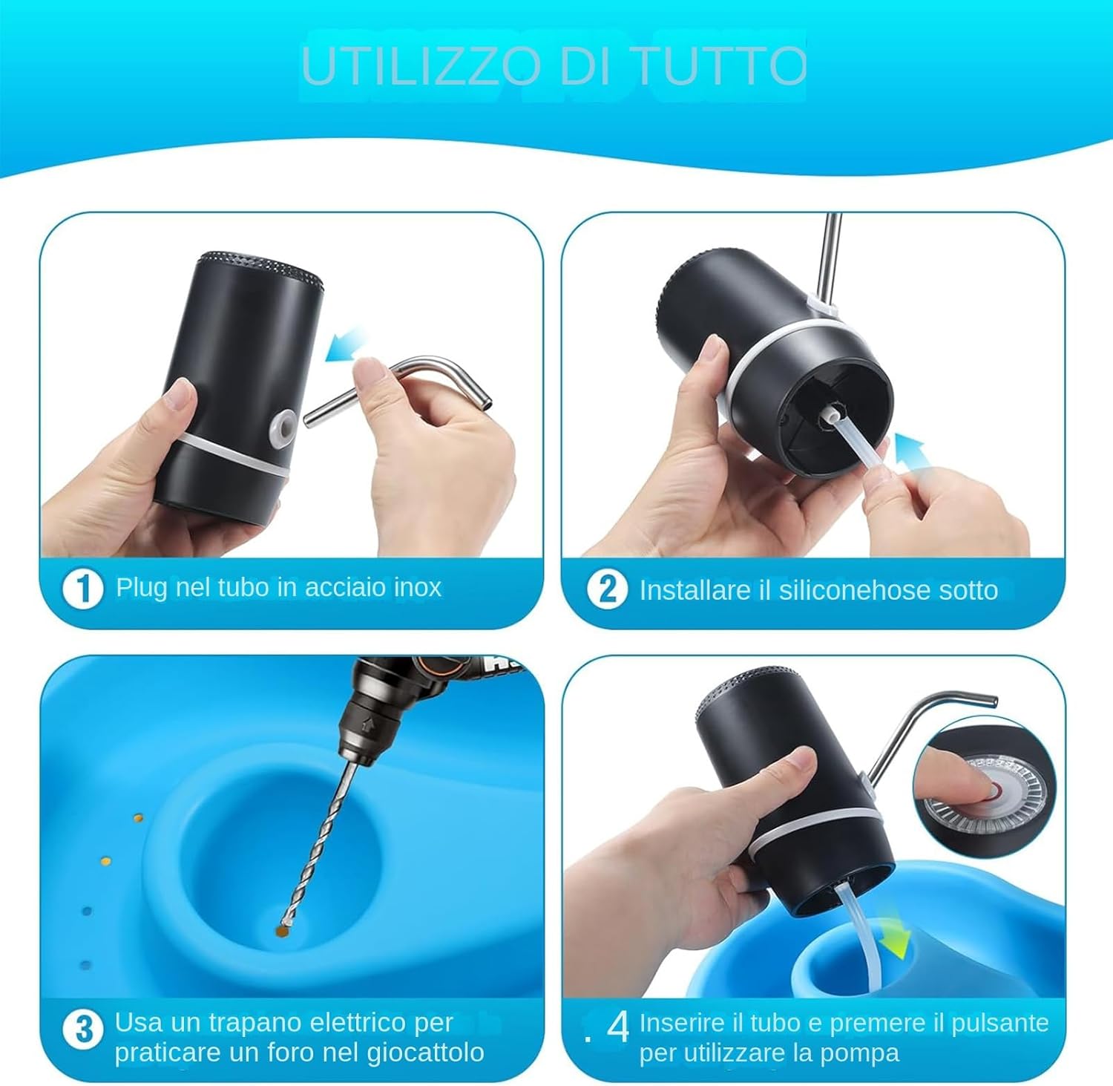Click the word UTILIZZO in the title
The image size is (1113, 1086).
[x=421, y=67]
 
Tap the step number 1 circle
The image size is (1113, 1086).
[x=82, y=589]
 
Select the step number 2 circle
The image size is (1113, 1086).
[x=607, y=589]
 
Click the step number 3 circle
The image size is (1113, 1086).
[x=83, y=1030]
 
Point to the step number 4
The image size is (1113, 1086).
[x=618, y=1028]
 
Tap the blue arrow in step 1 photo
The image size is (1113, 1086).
[x=347, y=345]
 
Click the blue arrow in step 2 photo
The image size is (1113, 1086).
[x=910, y=454]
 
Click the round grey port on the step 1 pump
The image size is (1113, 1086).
[x=283, y=425]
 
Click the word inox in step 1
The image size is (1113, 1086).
[x=418, y=588]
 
